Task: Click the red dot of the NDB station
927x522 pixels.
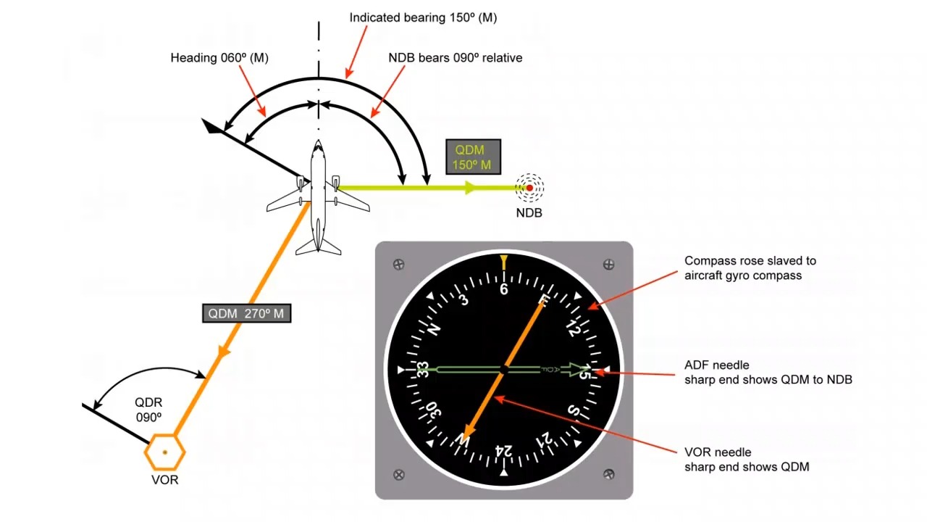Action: [529, 188]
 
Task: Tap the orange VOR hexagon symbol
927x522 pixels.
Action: [165, 452]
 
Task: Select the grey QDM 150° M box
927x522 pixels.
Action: [473, 157]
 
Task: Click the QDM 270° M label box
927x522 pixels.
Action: [246, 313]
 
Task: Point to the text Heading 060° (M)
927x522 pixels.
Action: [219, 58]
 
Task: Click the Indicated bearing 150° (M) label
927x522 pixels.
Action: [423, 17]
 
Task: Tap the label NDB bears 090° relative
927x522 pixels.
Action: [455, 58]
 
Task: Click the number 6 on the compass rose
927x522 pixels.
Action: [504, 289]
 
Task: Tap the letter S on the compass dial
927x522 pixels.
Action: [572, 412]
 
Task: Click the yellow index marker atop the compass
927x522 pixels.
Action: [504, 262]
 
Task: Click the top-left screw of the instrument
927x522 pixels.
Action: [398, 265]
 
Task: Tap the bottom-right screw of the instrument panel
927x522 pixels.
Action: [610, 475]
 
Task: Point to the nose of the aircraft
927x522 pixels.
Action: [318, 144]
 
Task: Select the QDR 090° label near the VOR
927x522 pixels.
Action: [148, 410]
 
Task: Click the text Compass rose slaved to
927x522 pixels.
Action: [750, 261]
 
